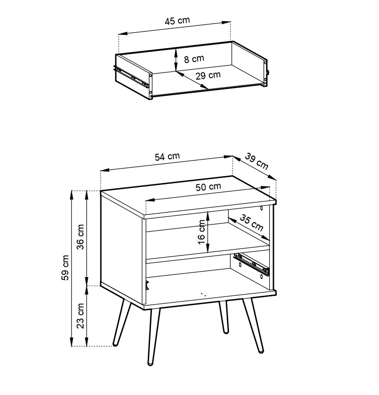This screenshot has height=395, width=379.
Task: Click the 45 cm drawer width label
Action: tap(177, 21)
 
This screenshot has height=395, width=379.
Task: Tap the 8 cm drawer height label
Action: tap(194, 59)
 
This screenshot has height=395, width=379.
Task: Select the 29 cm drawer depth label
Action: tap(208, 75)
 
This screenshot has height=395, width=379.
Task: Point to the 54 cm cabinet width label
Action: tap(167, 156)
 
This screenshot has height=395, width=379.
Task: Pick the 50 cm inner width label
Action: tap(208, 187)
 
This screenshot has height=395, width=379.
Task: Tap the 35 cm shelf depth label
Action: tap(251, 223)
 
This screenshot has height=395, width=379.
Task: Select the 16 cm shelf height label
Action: tap(201, 232)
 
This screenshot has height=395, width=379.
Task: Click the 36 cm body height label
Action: tap(80, 237)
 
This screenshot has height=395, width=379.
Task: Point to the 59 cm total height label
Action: tap(65, 267)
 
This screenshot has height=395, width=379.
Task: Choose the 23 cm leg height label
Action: tap(80, 316)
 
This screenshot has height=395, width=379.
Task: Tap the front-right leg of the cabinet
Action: tap(253, 325)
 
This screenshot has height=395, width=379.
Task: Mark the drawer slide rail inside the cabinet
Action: tap(251, 263)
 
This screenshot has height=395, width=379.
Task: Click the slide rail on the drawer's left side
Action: tap(131, 76)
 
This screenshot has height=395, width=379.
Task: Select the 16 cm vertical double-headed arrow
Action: tap(208, 232)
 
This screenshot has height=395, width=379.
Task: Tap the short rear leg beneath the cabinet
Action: tap(224, 317)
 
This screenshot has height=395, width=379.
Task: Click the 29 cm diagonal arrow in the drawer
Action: tap(192, 80)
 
